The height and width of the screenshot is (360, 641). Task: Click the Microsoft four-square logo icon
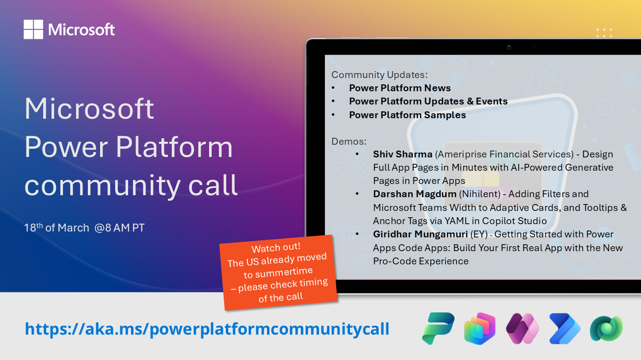tap(33, 29)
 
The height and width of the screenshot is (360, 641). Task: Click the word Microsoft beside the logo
tap(81, 30)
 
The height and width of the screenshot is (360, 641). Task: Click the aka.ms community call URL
tap(207, 329)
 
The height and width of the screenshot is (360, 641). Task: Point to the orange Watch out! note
tap(278, 272)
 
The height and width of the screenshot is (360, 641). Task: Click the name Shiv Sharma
tap(402, 154)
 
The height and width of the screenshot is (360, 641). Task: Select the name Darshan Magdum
tap(414, 194)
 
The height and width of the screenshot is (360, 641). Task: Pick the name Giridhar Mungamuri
tap(420, 234)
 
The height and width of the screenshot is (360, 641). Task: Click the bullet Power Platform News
tap(400, 88)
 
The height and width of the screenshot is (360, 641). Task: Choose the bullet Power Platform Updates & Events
tap(428, 102)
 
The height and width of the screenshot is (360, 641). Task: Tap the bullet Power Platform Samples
tap(407, 115)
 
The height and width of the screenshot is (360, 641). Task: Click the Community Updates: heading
tap(379, 75)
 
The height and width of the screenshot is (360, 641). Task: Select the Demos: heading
tap(349, 141)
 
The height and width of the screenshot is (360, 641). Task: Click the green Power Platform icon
tap(438, 328)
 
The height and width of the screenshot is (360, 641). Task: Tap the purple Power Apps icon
tap(522, 328)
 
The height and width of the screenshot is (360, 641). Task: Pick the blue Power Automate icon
tap(564, 328)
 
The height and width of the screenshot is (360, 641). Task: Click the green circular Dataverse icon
tap(606, 328)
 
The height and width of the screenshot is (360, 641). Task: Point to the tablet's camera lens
tap(509, 47)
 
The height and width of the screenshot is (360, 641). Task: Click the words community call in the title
tap(131, 185)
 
